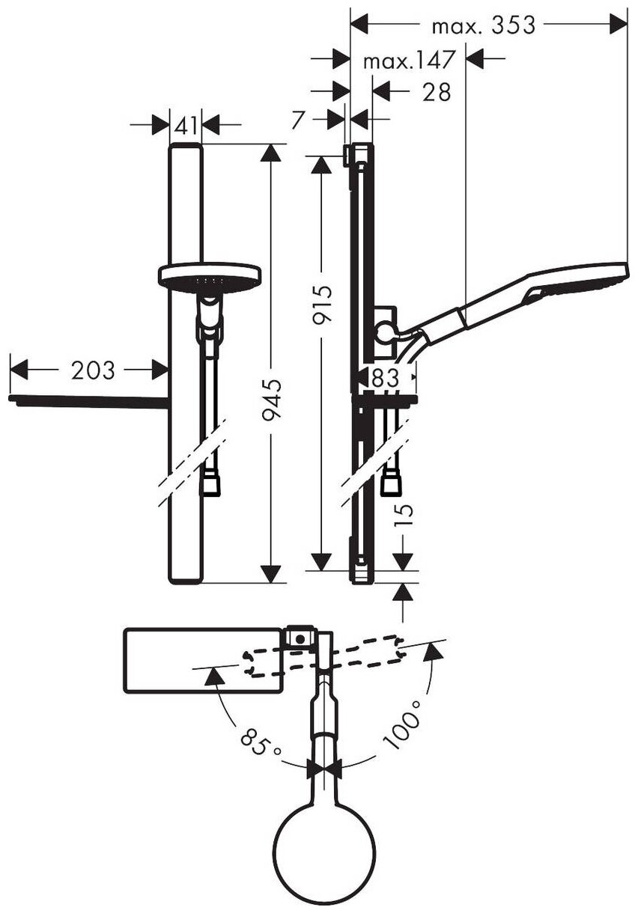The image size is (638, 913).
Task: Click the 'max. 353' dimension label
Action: coord(484,25)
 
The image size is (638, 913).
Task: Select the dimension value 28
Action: coord(437,92)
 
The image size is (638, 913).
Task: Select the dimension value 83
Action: coord(385,378)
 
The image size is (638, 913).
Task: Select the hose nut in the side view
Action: coord(391,484)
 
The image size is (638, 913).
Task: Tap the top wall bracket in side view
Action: coord(349,156)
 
